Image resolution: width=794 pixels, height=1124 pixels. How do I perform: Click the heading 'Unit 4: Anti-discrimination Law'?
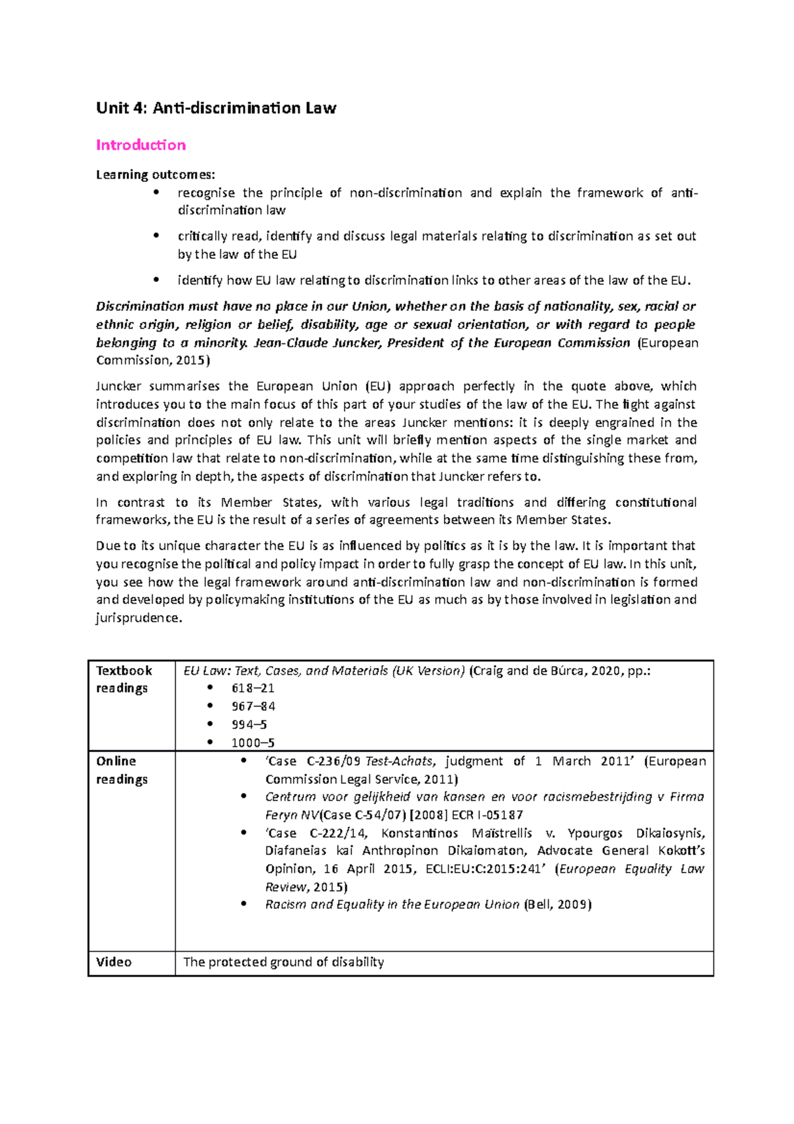pyautogui.click(x=216, y=108)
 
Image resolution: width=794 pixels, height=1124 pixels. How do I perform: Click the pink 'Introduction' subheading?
pyautogui.click(x=140, y=145)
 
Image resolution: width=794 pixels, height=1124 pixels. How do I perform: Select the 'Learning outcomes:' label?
pyautogui.click(x=155, y=175)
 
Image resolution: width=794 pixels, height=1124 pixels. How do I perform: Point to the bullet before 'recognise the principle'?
pyautogui.click(x=156, y=193)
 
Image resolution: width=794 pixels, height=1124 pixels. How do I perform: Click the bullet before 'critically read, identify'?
pyautogui.click(x=156, y=236)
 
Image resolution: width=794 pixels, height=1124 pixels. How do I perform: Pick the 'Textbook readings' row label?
pyautogui.click(x=124, y=679)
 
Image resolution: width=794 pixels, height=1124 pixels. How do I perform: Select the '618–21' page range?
pyautogui.click(x=253, y=688)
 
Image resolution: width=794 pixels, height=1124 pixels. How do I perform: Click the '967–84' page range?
pyautogui.click(x=253, y=706)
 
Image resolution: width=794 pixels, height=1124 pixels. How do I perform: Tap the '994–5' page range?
pyautogui.click(x=249, y=725)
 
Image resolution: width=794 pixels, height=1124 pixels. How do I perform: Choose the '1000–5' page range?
pyautogui.click(x=253, y=743)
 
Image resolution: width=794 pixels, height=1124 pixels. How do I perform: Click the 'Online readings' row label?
pyautogui.click(x=122, y=770)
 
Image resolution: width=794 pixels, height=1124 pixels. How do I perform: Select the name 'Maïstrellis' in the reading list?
pyautogui.click(x=502, y=833)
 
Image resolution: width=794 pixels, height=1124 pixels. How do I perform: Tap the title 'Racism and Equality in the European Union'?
pyautogui.click(x=392, y=905)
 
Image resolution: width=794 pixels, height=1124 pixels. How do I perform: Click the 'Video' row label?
pyautogui.click(x=114, y=962)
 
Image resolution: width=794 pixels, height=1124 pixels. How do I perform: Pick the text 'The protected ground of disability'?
pyautogui.click(x=283, y=962)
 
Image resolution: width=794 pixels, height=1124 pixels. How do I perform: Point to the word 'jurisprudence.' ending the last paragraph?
pyautogui.click(x=138, y=618)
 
